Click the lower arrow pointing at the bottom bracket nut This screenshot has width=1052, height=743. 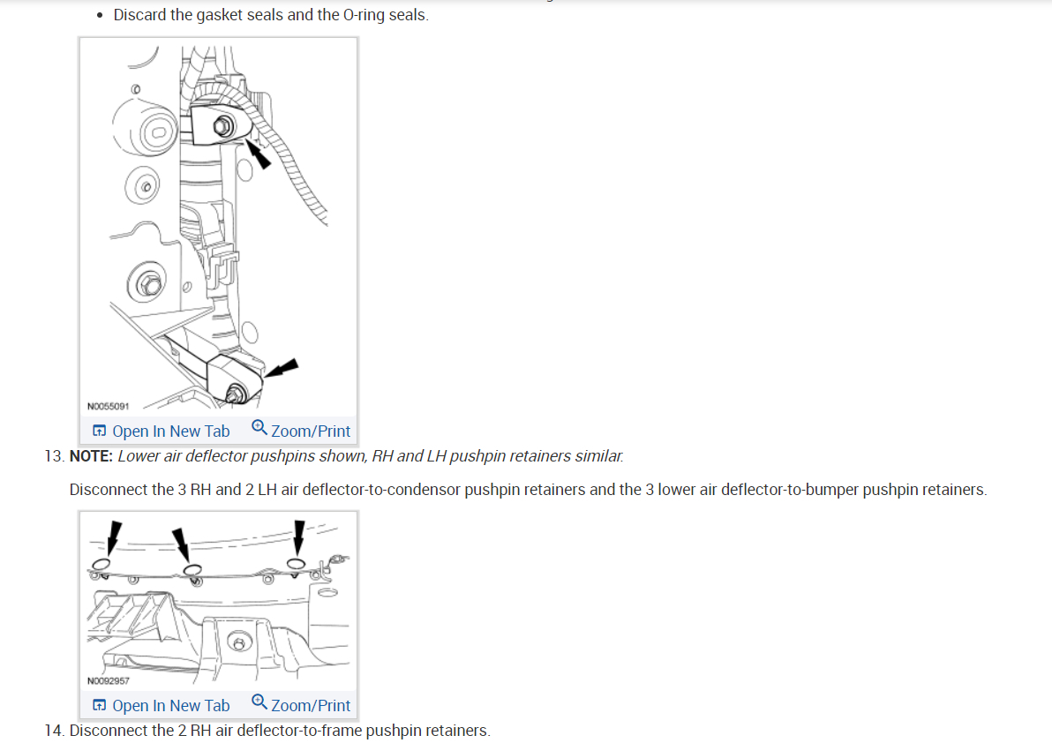tap(282, 369)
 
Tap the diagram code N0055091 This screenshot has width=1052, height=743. tap(109, 407)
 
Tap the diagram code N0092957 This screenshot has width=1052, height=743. tap(109, 680)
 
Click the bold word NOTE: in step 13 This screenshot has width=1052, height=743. tap(91, 456)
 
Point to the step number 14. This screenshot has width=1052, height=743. tap(53, 731)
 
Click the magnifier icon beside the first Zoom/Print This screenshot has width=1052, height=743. tap(259, 428)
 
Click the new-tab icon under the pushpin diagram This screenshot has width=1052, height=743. tap(100, 706)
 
